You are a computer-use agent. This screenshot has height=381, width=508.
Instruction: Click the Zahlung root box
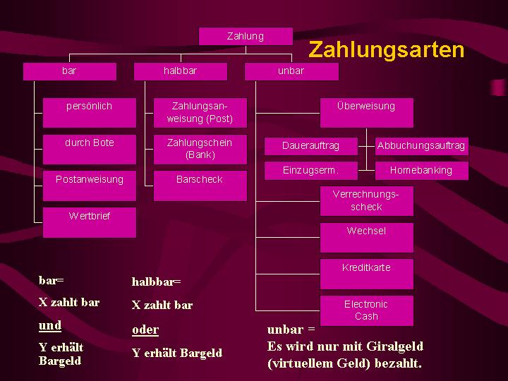point(246,36)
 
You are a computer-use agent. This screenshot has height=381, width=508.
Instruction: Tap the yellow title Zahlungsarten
point(387,50)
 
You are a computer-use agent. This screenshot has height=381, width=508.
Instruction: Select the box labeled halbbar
point(181,71)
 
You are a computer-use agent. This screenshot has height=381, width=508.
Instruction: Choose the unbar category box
point(291,71)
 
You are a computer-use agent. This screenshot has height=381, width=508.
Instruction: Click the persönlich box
point(89,111)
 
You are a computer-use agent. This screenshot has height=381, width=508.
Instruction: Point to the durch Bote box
point(89,148)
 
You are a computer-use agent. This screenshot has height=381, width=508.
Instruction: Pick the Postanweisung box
point(89,185)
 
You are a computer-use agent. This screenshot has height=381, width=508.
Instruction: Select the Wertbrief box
point(89,222)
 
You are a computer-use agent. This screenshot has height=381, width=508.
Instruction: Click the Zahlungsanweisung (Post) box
point(200,112)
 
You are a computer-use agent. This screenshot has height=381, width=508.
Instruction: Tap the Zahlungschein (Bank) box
point(200,148)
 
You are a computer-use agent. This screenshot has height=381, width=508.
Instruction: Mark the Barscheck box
point(200,185)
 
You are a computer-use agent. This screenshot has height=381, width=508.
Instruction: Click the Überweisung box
point(366,112)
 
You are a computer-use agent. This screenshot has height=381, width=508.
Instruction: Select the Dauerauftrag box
point(310,146)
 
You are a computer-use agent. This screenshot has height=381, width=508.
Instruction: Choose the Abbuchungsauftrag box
point(421,146)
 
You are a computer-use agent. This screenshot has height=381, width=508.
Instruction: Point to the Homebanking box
point(421,170)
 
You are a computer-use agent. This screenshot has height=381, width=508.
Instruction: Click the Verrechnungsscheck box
point(366,200)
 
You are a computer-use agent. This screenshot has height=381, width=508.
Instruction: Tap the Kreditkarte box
point(366,273)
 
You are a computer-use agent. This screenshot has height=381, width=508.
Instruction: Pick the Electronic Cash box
point(366,310)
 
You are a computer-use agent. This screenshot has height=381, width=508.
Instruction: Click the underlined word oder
point(145,329)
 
